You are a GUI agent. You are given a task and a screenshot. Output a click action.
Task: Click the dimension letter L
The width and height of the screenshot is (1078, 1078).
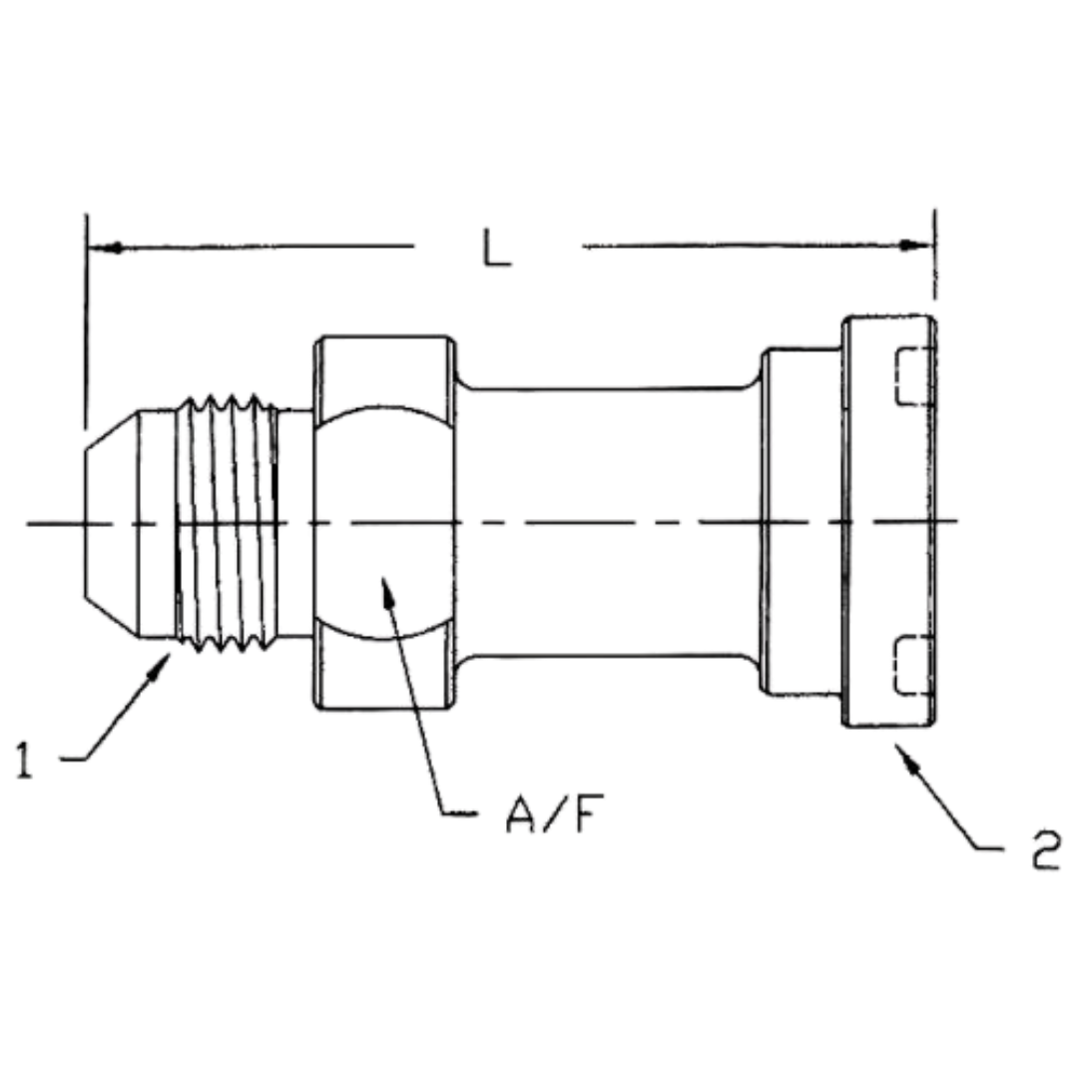point(497,250)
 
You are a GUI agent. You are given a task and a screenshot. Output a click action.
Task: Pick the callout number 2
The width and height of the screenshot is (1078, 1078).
point(1044,854)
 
